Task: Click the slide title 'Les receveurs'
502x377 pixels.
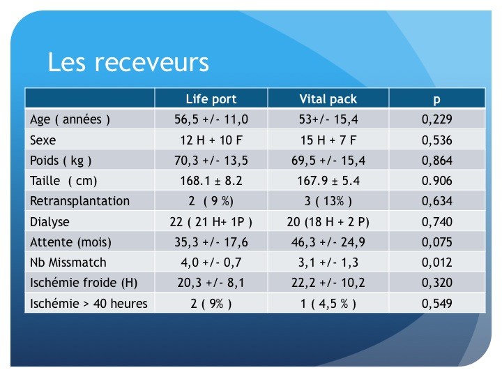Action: click(x=128, y=62)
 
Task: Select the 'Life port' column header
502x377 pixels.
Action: click(x=211, y=99)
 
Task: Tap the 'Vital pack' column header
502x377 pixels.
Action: click(x=328, y=99)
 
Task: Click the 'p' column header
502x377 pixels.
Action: click(x=436, y=100)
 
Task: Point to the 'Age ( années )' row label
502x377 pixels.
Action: click(x=70, y=119)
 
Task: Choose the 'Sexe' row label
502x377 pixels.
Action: click(x=43, y=140)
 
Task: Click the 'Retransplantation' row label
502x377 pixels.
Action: click(x=79, y=201)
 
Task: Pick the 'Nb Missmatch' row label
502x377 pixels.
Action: click(x=68, y=263)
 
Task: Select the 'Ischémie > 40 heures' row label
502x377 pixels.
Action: click(x=89, y=303)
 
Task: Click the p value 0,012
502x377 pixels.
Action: click(x=437, y=263)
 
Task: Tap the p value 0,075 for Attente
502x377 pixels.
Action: click(x=437, y=242)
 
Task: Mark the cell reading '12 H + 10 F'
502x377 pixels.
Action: click(x=211, y=140)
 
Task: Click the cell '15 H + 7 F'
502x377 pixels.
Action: click(x=328, y=140)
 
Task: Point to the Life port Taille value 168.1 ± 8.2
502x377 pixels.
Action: click(x=211, y=181)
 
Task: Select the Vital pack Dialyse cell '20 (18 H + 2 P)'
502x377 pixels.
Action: click(x=328, y=222)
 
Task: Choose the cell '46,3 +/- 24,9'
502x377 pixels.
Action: click(x=328, y=242)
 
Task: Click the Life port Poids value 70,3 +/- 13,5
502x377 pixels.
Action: click(x=211, y=161)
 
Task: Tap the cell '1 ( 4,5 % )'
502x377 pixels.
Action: click(x=328, y=303)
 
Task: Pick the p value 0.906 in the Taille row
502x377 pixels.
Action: click(x=437, y=181)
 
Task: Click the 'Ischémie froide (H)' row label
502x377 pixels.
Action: click(x=84, y=283)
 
